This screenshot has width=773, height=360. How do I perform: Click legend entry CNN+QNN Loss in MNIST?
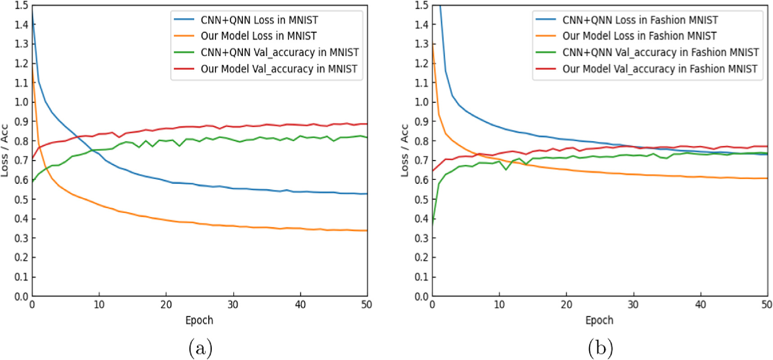coord(259,20)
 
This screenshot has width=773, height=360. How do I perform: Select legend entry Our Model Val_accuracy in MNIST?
coord(279,69)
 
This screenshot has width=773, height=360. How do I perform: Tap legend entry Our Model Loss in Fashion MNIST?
coord(639,36)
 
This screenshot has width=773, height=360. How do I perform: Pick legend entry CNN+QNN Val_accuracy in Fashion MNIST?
coord(660,53)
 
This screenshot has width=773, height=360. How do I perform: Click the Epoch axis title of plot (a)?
coord(199,320)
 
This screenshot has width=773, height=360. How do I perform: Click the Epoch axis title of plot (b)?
coord(599,320)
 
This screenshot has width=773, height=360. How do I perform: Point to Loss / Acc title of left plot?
coord(5,151)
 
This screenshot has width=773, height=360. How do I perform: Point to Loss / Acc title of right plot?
coord(405,151)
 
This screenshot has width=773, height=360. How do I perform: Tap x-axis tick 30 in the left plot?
coord(233,305)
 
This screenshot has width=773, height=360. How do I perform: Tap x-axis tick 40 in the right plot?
coord(700,305)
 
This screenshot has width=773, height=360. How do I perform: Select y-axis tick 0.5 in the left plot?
coord(21,199)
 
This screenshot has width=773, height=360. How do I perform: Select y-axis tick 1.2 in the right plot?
coord(421,63)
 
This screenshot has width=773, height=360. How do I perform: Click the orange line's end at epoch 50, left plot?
coord(367,231)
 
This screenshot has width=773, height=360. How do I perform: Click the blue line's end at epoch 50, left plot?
coord(367,194)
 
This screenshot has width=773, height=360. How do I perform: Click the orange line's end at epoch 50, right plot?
coord(767,178)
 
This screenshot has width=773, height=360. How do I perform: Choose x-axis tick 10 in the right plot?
coord(499,305)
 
